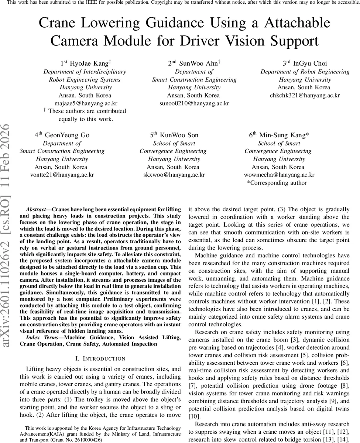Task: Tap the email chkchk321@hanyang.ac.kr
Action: (305, 95)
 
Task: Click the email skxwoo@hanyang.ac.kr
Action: (174, 175)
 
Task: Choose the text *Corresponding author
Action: (277, 183)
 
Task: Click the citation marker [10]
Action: (194, 416)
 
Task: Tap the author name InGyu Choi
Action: (310, 63)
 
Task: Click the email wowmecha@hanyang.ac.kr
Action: (279, 175)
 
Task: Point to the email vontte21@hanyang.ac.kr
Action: (62, 175)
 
